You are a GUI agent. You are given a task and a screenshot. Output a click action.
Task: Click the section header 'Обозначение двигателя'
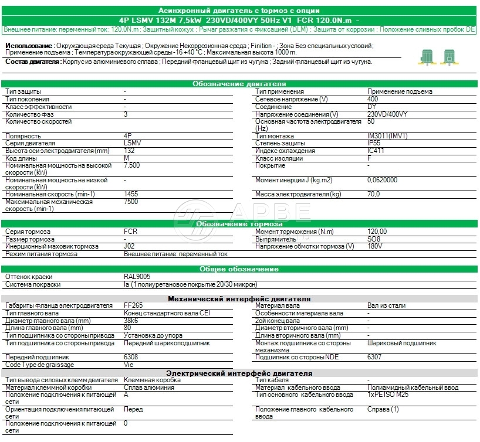[239, 84]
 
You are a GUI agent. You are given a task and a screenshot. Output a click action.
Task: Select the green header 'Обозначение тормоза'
[239, 224]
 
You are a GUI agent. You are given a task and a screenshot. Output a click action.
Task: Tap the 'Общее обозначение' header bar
[239, 269]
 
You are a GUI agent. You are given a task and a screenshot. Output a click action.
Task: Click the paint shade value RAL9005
[136, 277]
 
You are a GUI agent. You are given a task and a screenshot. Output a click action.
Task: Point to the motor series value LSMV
[133, 144]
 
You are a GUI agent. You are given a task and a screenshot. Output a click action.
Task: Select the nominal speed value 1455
[131, 194]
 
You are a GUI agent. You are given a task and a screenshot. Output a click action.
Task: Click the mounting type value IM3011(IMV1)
[387, 136]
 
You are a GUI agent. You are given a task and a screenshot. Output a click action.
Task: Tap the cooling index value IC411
[376, 151]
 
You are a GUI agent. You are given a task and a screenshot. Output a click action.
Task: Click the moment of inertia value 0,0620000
[382, 180]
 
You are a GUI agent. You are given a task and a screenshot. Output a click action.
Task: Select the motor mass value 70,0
[374, 194]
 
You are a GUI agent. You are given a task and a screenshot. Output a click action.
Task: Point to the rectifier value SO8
[374, 239]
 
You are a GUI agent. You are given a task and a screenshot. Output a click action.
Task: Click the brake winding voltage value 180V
[374, 247]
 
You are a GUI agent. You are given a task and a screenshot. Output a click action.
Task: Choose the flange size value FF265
[134, 306]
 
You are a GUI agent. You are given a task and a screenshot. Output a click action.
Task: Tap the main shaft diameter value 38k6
[132, 321]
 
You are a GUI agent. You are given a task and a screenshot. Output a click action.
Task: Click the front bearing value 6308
[131, 357]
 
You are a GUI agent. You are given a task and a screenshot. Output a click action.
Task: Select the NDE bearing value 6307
[375, 357]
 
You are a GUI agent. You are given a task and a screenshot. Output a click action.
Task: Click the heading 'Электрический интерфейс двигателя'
[239, 373]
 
